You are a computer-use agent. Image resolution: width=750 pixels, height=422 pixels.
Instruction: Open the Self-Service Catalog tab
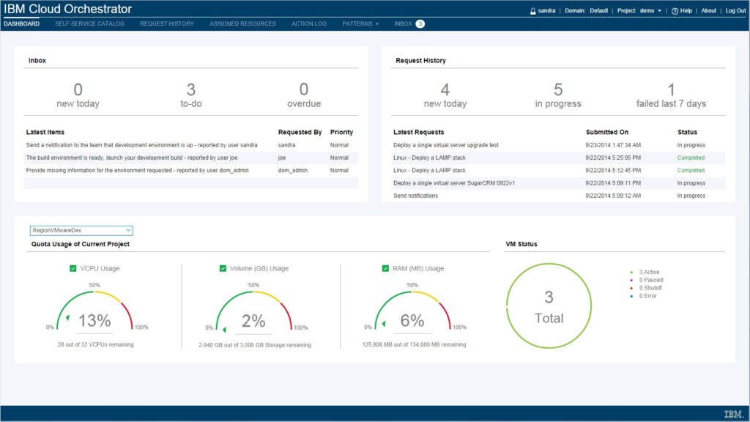point(89,23)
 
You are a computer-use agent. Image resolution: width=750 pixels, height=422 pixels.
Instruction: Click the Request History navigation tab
point(167,23)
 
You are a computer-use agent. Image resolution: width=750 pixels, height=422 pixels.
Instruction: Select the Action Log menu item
point(309,23)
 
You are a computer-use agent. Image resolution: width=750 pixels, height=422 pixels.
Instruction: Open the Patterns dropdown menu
point(360,23)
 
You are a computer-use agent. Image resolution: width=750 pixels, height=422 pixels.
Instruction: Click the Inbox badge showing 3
point(420,24)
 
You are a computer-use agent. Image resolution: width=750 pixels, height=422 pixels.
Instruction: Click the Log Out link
point(735,11)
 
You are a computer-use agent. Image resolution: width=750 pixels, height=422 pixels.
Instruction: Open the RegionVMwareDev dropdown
point(81,230)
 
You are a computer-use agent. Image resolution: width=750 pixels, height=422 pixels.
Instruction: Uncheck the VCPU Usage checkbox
point(73,269)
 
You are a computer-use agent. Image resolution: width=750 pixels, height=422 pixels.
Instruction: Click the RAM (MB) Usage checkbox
point(386,269)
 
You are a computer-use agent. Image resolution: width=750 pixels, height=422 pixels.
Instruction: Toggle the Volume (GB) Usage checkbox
point(223,269)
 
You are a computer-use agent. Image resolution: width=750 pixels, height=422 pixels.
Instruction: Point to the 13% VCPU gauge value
point(94,320)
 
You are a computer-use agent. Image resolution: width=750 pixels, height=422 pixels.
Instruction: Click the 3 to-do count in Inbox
point(191,90)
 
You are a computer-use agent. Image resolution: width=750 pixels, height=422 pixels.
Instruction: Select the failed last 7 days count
point(671,90)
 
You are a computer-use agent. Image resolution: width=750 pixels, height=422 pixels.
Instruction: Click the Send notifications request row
point(415,196)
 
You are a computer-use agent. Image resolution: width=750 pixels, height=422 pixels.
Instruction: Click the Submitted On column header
point(606,132)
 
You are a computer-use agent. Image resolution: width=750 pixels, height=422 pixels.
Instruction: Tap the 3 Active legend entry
point(649,272)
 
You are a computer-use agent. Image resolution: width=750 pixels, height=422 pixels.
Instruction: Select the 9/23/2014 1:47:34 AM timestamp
point(613,145)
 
